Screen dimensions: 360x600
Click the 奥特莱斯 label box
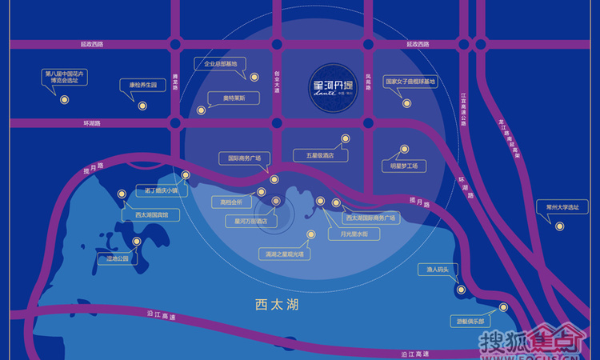coord(223,98)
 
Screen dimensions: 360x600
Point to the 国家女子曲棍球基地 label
coord(411,82)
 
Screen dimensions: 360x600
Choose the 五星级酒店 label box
coord(319,155)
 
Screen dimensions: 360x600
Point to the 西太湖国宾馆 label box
coord(146,215)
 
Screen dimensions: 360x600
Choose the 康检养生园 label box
coord(143,84)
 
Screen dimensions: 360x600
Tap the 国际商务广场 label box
coord(245,158)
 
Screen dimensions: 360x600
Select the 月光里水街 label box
coord(349,234)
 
